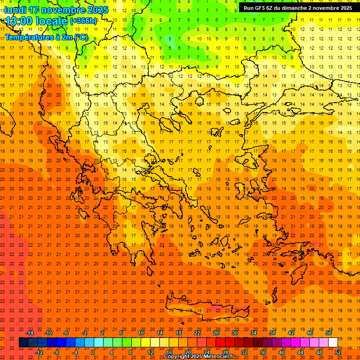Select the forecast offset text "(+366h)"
point(83,21)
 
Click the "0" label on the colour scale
point(93,352)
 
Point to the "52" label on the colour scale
point(338,352)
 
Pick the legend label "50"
point(329,333)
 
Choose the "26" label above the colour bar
point(216,333)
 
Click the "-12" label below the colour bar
point(39,352)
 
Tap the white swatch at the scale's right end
point(333,343)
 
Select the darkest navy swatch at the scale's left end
point(23,343)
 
